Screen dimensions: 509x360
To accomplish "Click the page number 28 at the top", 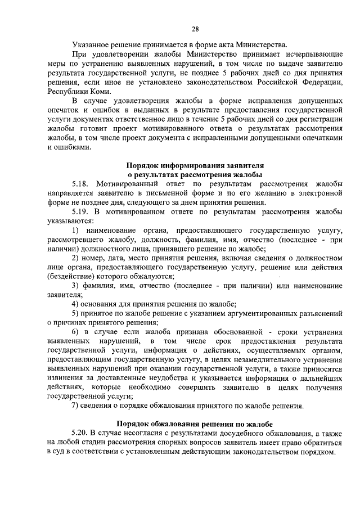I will (x=195, y=30).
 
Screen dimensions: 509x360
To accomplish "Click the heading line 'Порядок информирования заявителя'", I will (x=195, y=166).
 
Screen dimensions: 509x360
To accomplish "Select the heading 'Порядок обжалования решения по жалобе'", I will (x=195, y=424).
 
